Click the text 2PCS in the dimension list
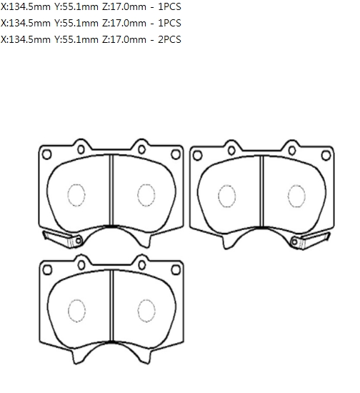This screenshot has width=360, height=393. pyautogui.click(x=169, y=39)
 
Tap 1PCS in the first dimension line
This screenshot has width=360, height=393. pyautogui.click(x=169, y=6)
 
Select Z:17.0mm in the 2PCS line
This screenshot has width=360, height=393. pyautogui.click(x=124, y=39)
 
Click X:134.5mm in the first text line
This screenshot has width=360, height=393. pyautogui.click(x=26, y=6)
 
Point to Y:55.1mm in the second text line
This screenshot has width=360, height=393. pyautogui.click(x=76, y=23)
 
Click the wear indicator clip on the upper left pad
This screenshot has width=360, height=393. pyautogui.click(x=63, y=239)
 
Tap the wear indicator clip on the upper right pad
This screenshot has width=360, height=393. pyautogui.click(x=311, y=241)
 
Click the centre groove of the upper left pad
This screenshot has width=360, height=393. pyautogui.click(x=111, y=190)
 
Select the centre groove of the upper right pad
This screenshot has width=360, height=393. pyautogui.click(x=261, y=191)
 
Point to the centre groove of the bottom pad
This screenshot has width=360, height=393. pyautogui.click(x=111, y=306)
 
